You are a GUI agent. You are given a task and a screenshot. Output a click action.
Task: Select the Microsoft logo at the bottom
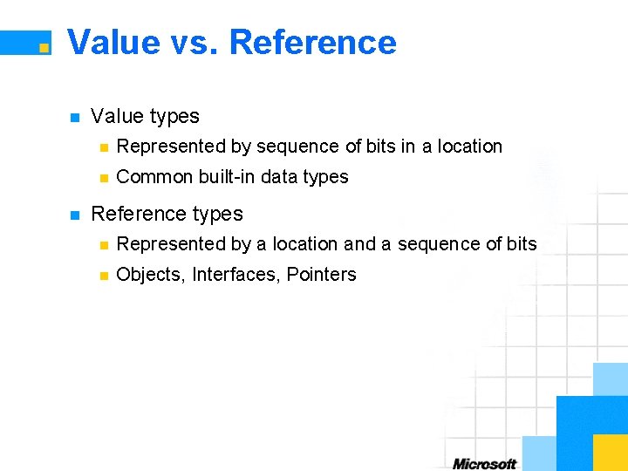point(485,463)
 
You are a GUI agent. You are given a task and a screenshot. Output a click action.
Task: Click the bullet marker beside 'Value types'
point(74,117)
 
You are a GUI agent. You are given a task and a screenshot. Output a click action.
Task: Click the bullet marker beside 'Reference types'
point(74,215)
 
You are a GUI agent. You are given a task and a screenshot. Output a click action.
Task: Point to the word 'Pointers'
point(322,275)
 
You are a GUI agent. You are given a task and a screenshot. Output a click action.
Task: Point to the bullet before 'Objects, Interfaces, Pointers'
point(103,276)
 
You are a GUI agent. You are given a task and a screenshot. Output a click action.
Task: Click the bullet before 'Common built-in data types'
point(103,178)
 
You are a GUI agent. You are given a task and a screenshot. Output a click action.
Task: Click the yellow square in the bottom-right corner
point(610,452)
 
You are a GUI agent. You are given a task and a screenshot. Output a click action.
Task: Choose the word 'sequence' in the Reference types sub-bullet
point(433,244)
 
